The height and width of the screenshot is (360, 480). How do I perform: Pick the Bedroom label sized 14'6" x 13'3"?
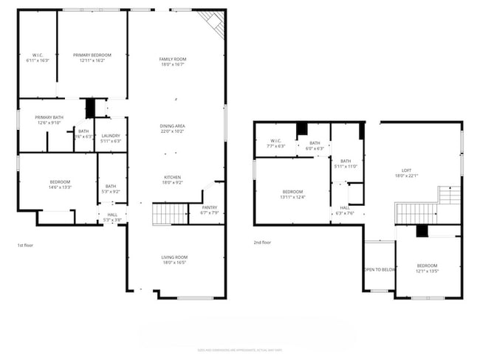60,184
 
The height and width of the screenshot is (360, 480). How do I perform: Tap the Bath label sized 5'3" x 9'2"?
111,188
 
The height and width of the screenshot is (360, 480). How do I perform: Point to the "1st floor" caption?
25,244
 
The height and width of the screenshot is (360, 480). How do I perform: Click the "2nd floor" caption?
262,243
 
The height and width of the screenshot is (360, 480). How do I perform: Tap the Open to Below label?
380,269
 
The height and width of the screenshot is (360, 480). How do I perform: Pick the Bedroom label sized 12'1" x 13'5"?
427,268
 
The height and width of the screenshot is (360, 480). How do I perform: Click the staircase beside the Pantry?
169,214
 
